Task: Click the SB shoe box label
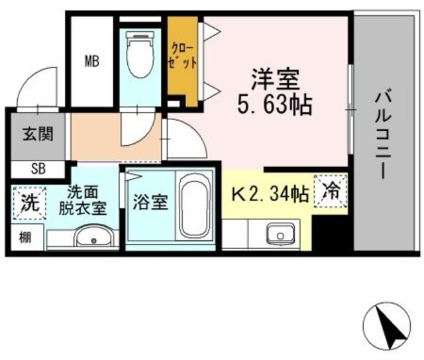point(37,168)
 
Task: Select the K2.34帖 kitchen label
point(268,194)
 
